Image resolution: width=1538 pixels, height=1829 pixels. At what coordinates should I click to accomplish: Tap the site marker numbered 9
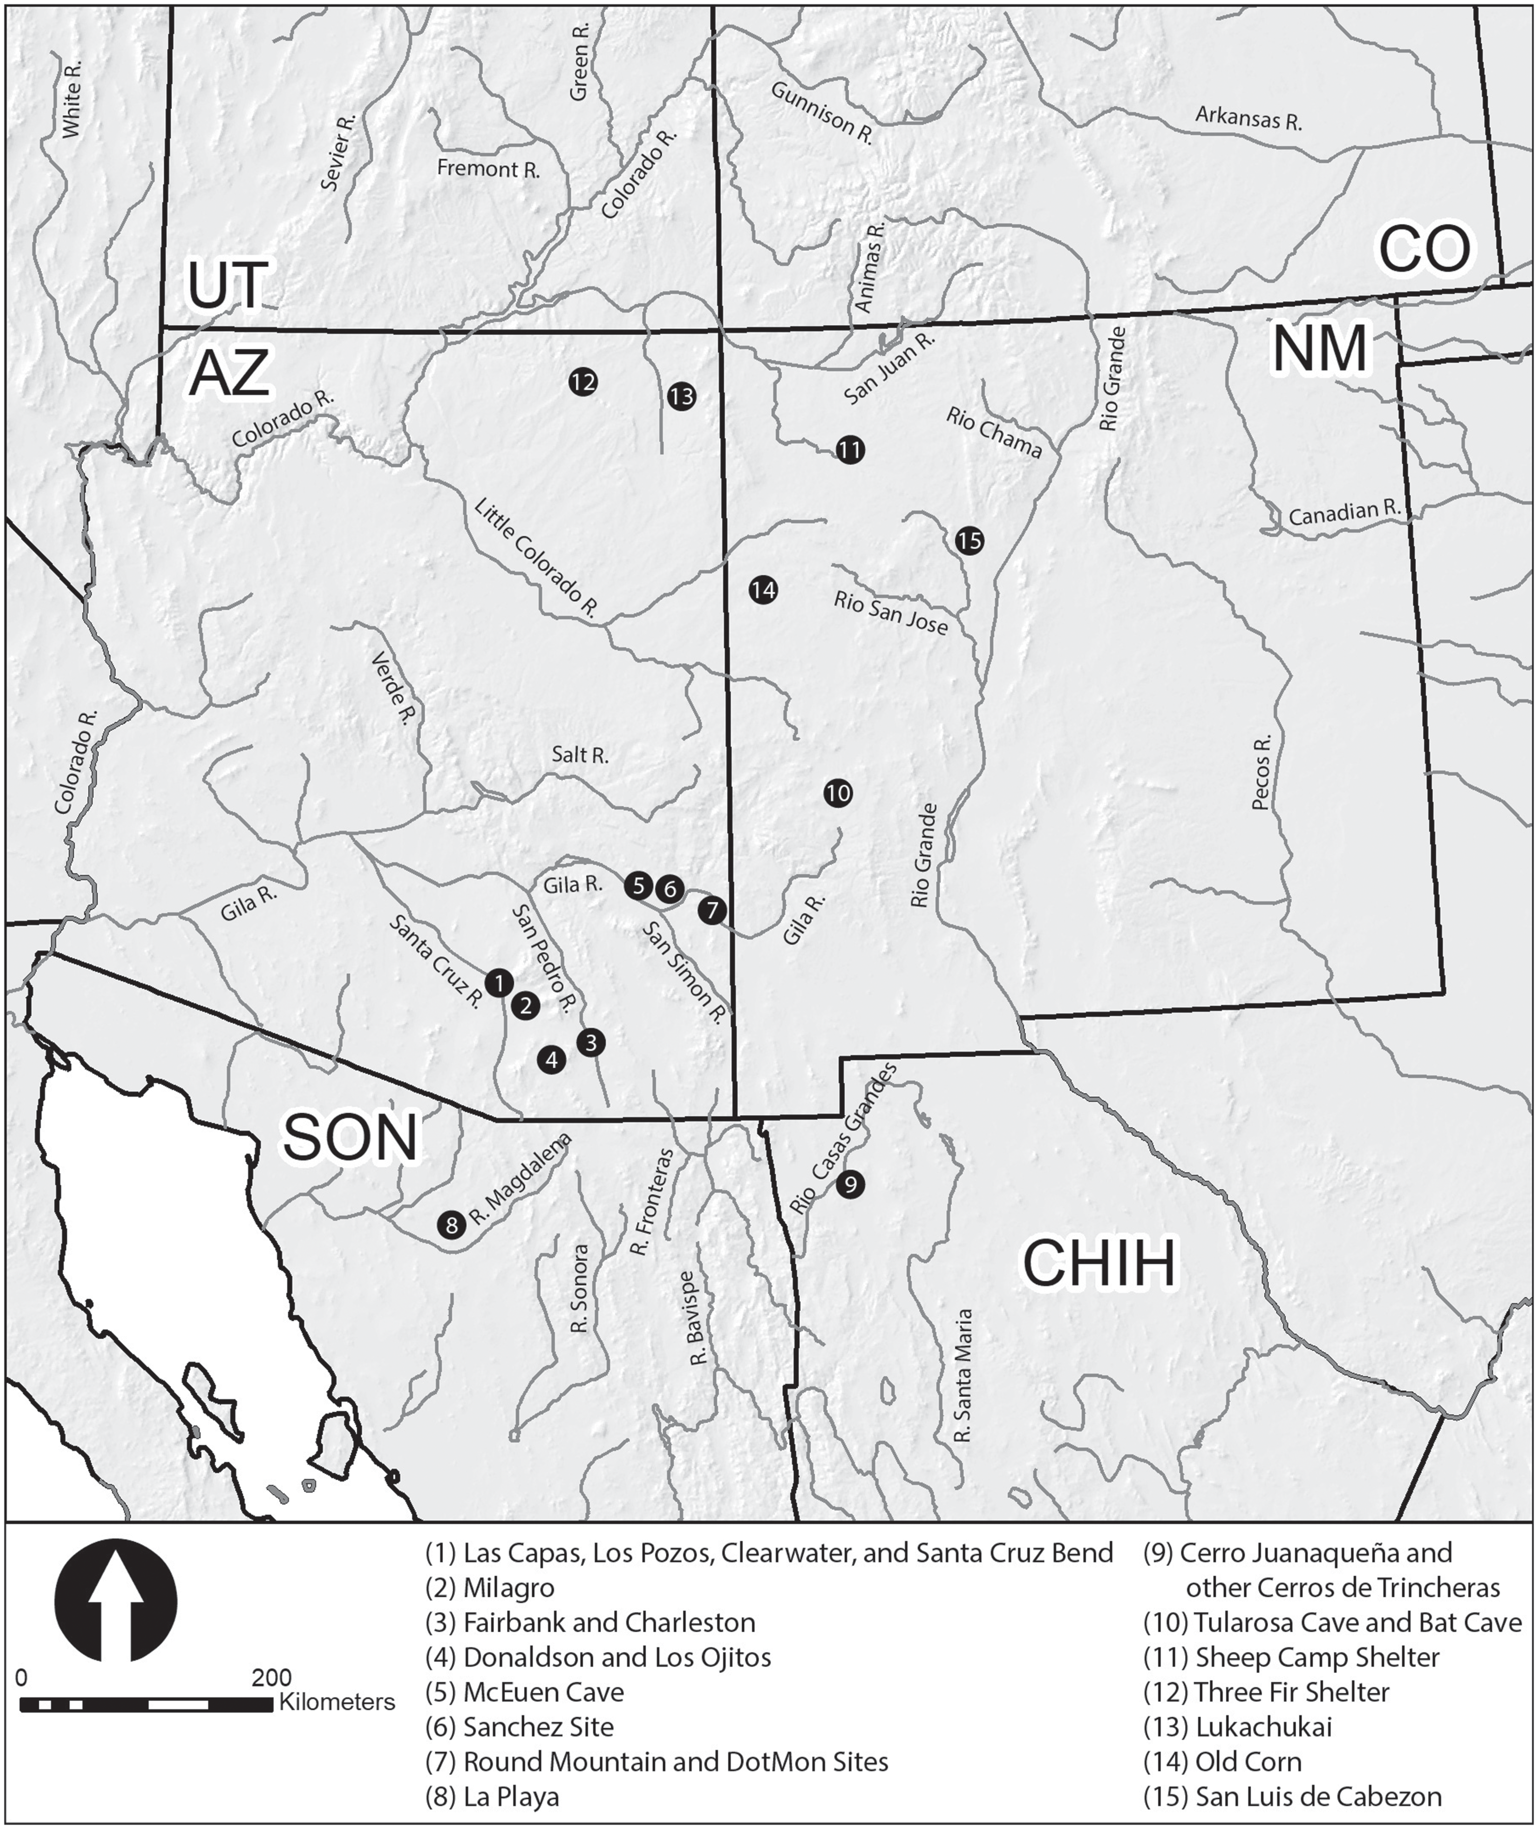851,1184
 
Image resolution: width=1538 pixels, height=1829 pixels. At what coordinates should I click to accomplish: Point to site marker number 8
451,1225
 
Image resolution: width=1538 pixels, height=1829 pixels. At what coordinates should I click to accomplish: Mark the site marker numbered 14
763,590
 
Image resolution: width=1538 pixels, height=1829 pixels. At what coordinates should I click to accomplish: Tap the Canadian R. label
1344,514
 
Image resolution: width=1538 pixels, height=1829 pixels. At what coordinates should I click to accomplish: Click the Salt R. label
580,755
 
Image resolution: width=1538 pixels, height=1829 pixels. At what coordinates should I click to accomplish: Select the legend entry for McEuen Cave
526,1692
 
